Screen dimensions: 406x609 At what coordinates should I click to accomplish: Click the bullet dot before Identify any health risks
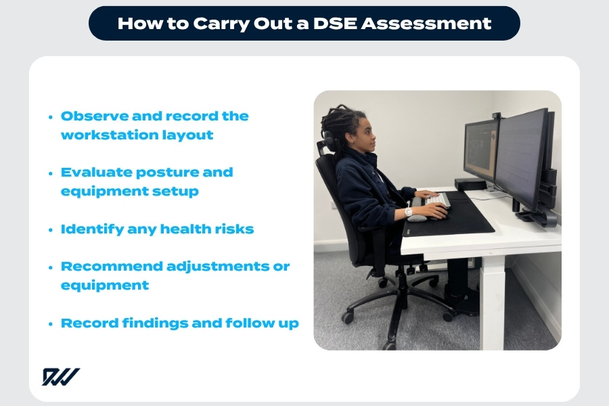pyautogui.click(x=51, y=229)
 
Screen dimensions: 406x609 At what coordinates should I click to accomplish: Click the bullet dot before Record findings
pyautogui.click(x=51, y=323)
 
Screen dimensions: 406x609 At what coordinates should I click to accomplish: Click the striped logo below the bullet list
pyautogui.click(x=60, y=377)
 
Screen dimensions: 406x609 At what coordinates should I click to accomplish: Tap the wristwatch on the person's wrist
pyautogui.click(x=409, y=212)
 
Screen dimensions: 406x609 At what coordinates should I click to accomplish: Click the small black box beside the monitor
pyautogui.click(x=470, y=183)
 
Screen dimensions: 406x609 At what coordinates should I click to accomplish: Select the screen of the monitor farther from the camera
pyautogui.click(x=480, y=150)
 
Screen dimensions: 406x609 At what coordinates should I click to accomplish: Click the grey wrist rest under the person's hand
pyautogui.click(x=418, y=218)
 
